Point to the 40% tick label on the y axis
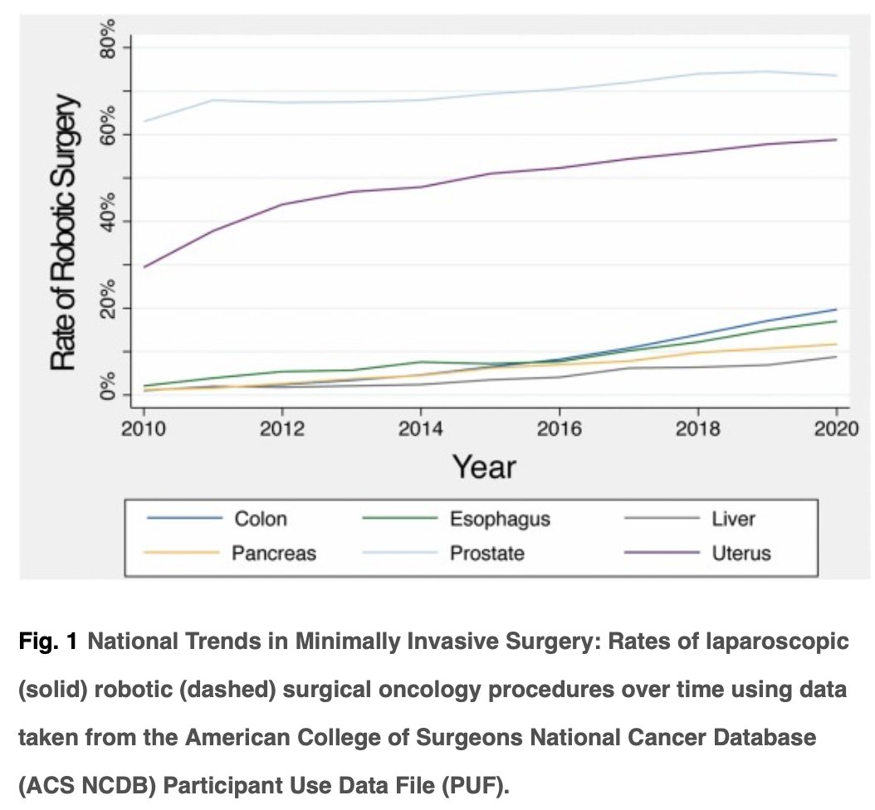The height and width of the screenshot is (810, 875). [x=106, y=221]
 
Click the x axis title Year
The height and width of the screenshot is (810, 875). [x=484, y=466]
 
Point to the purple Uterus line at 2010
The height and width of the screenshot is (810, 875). [x=144, y=266]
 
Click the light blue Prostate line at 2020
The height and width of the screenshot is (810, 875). [x=835, y=76]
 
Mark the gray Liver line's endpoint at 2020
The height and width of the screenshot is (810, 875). [x=835, y=357]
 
